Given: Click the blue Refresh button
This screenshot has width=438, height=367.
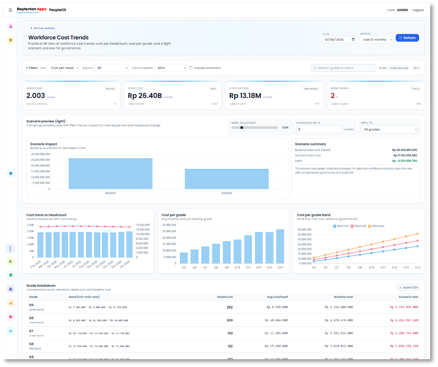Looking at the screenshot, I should coord(407,38).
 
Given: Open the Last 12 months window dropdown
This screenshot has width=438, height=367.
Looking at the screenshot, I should coord(376,39).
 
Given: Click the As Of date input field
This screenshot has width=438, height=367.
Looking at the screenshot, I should coord(340,39).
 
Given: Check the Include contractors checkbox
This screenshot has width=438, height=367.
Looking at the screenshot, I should coord(191,68).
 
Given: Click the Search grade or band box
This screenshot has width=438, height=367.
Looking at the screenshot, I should coord(343,68).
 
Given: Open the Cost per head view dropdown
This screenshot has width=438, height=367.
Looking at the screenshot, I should coord(64,68).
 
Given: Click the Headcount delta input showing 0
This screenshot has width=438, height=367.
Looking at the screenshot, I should coord(319,129).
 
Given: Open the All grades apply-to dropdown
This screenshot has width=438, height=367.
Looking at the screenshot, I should coord(389,130).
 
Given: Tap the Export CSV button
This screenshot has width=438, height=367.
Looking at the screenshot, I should coord(408,287).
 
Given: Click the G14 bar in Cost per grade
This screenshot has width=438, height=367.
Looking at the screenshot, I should coord(280,246).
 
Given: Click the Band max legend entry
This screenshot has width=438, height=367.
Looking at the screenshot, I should coord(377,226).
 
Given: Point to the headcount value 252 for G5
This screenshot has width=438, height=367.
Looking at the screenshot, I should coord(229,307).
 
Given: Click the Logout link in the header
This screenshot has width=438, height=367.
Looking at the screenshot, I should coord(418,10).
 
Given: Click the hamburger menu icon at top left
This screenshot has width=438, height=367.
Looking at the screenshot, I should coord(10,10).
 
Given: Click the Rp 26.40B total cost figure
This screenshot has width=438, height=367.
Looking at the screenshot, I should coord(145,96).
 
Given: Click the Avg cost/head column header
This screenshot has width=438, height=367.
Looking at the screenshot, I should coord(278,297).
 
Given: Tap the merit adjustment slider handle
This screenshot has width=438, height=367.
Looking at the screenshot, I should coord(242,128).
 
